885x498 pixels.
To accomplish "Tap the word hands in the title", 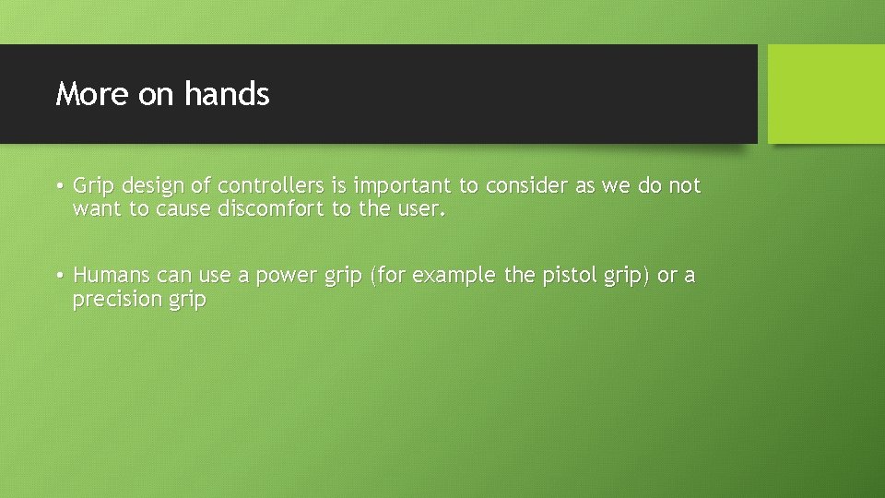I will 227,94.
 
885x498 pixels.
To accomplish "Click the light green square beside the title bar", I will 826,94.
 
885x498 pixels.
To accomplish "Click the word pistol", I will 567,276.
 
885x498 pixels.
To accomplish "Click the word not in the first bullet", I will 684,186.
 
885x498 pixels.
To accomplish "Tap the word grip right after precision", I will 187,301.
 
